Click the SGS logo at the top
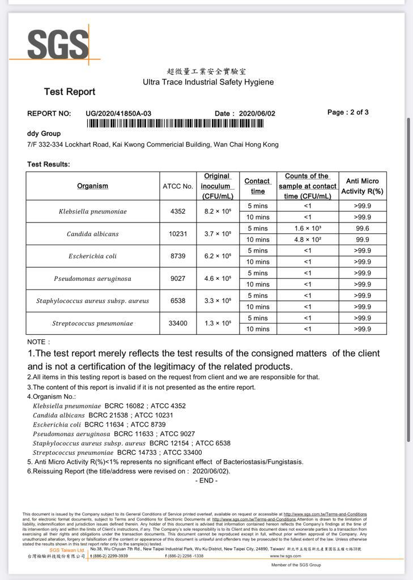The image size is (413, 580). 58,45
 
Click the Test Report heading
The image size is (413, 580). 70,92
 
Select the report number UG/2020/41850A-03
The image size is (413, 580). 118,113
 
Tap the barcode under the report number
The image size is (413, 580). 182,123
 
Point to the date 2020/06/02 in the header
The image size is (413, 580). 257,113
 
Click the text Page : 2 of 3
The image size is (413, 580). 348,112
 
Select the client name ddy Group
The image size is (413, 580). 44,134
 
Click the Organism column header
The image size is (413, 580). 92,186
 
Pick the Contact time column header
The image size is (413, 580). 257,186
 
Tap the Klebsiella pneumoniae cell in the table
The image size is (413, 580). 92,211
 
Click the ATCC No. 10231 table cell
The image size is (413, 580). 178,234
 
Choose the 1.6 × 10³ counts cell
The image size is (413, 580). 308,228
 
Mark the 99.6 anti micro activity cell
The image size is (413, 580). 363,228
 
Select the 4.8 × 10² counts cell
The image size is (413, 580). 308,240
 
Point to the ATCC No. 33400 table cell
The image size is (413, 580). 178,323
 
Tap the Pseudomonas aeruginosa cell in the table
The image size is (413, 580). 92,279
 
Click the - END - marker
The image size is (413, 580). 206,480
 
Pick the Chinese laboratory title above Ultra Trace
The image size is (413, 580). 206,71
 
